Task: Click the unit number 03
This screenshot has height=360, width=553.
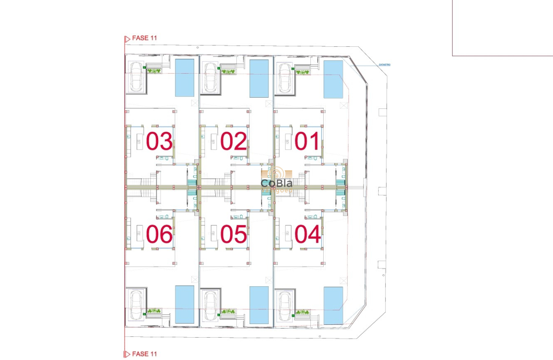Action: pyautogui.click(x=159, y=142)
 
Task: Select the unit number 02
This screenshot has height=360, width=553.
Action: pyautogui.click(x=234, y=142)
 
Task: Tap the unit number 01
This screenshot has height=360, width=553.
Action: pyautogui.click(x=307, y=142)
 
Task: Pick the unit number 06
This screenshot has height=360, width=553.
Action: pyautogui.click(x=159, y=234)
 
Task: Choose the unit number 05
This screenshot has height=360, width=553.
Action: pyautogui.click(x=234, y=234)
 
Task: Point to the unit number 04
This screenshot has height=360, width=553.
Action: pyautogui.click(x=307, y=234)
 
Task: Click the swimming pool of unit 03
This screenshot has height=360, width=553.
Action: pyautogui.click(x=185, y=78)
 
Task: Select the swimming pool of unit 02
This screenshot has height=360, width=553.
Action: pyautogui.click(x=259, y=78)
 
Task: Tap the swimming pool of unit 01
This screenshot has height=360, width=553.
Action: pyautogui.click(x=333, y=79)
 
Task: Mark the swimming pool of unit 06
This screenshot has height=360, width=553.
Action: pyautogui.click(x=185, y=304)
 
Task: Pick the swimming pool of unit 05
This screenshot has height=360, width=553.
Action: pyautogui.click(x=259, y=305)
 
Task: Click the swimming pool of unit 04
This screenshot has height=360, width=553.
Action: pyautogui.click(x=333, y=305)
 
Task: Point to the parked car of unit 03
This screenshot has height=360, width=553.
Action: pyautogui.click(x=137, y=77)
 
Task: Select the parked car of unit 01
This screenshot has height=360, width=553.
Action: pyautogui.click(x=285, y=78)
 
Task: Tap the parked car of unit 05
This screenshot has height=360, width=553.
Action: pyautogui.click(x=211, y=306)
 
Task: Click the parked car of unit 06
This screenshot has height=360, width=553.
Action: pyautogui.click(x=137, y=305)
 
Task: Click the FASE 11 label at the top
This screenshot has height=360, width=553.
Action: pyautogui.click(x=144, y=38)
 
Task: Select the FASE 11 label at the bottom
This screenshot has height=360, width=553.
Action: pyautogui.click(x=144, y=354)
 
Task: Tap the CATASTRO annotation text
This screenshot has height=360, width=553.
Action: pyautogui.click(x=385, y=65)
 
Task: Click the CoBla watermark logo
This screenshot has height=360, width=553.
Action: pyautogui.click(x=277, y=183)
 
